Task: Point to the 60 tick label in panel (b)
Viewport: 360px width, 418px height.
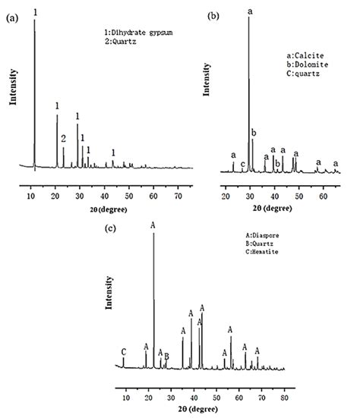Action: tap(323, 183)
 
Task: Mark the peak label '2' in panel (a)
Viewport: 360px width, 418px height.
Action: tap(63, 139)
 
